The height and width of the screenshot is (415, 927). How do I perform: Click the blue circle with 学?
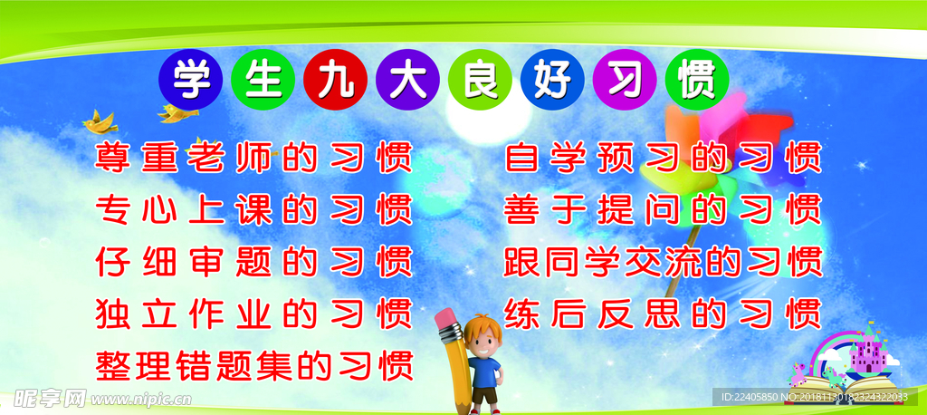pos(190,80)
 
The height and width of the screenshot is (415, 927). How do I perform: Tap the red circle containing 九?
pos(335,80)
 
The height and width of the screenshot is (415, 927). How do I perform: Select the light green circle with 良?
pos(480,80)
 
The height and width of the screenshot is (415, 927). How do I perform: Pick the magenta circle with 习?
pos(625,80)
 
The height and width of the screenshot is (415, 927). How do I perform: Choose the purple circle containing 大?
pos(407,80)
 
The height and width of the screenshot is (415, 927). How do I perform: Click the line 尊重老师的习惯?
pos(253,156)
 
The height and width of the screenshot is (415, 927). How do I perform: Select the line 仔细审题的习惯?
pos(253,261)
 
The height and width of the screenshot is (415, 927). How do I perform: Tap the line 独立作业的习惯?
pos(253,314)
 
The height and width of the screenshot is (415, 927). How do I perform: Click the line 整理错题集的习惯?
pos(253,365)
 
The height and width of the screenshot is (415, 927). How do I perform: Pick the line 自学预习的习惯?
pos(663,156)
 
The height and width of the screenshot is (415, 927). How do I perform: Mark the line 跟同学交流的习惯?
pos(663,261)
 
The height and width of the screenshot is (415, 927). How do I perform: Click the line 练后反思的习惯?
pos(663,314)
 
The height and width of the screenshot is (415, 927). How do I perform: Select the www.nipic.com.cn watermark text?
pos(140,399)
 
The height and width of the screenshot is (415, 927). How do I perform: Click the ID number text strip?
pos(810,396)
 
